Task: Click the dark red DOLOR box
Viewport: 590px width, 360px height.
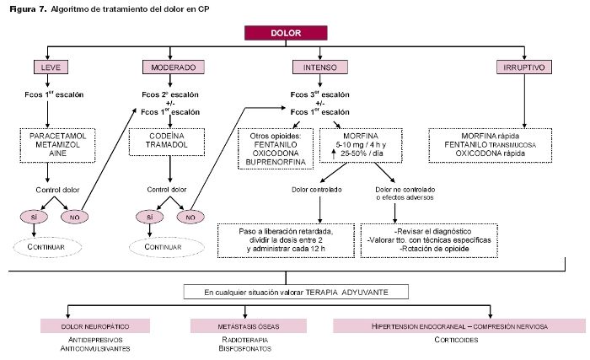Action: pos(285,33)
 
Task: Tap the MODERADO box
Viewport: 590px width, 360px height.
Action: pos(173,67)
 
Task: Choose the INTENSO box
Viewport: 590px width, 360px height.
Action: pos(316,67)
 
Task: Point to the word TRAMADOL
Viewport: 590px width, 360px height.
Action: pos(173,145)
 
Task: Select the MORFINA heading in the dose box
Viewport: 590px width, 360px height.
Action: pos(361,135)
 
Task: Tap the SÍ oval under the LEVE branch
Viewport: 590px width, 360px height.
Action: pos(35,217)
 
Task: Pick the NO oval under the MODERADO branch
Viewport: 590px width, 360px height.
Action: pos(193,217)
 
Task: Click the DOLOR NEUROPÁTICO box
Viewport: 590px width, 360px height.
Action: pos(95,325)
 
